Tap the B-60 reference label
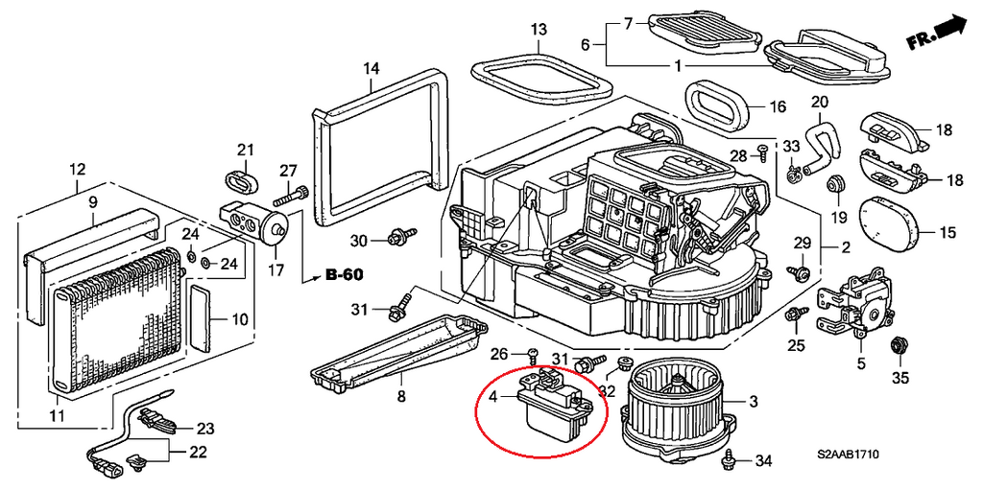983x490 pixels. point(344,275)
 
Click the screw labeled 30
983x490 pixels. point(396,236)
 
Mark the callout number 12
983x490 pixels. point(77,172)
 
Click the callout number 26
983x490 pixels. point(498,355)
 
